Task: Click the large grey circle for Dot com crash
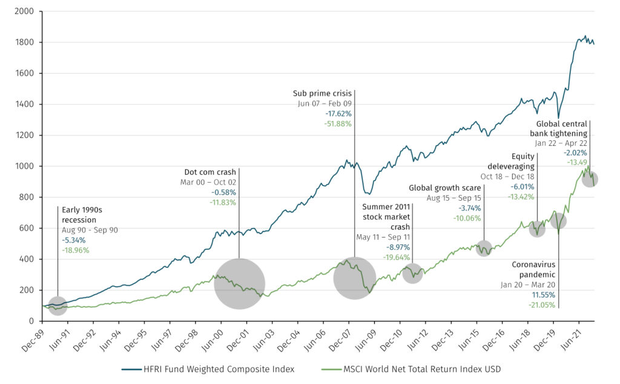pyautogui.click(x=239, y=284)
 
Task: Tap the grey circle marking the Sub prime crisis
pyautogui.click(x=354, y=278)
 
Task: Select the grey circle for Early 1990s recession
pyautogui.click(x=58, y=305)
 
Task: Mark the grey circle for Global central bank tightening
pyautogui.click(x=589, y=179)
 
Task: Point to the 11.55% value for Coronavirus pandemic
pyautogui.click(x=544, y=295)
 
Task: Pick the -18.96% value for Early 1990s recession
pyautogui.click(x=74, y=249)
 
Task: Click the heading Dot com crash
pyautogui.click(x=210, y=171)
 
